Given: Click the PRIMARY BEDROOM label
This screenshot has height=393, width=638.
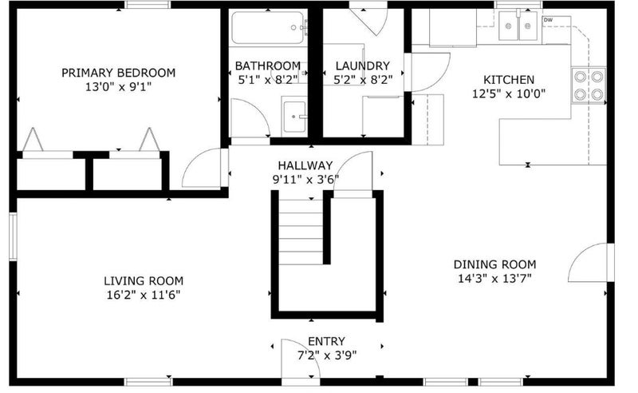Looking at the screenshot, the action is [118, 73].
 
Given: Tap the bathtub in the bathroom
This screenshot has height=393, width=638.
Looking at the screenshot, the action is [268, 27].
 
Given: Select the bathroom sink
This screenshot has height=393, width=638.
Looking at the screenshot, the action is [294, 117].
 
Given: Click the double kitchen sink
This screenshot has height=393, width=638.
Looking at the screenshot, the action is [518, 26].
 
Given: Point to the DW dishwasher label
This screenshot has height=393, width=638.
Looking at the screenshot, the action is [548, 20].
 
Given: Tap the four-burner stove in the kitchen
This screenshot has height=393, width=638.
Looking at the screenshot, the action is [589, 85].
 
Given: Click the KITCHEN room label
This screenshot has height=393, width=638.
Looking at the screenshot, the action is [509, 80].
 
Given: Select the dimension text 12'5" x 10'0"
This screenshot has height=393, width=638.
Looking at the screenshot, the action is [509, 93].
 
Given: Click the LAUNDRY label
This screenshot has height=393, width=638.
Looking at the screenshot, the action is [363, 65].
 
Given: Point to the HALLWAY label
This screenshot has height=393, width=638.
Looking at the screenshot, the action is [305, 165].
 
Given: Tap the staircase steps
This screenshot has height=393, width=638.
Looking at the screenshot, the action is [301, 232].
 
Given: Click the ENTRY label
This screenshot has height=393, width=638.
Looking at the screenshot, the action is [326, 341].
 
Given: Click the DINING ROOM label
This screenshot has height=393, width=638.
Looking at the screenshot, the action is [494, 264].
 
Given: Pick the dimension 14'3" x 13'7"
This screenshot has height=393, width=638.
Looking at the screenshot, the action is [494, 279].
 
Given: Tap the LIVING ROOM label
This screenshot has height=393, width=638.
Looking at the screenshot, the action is [144, 281].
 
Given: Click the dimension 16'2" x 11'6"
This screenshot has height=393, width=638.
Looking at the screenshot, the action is [144, 295].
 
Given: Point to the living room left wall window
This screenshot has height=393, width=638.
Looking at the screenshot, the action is [13, 236].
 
